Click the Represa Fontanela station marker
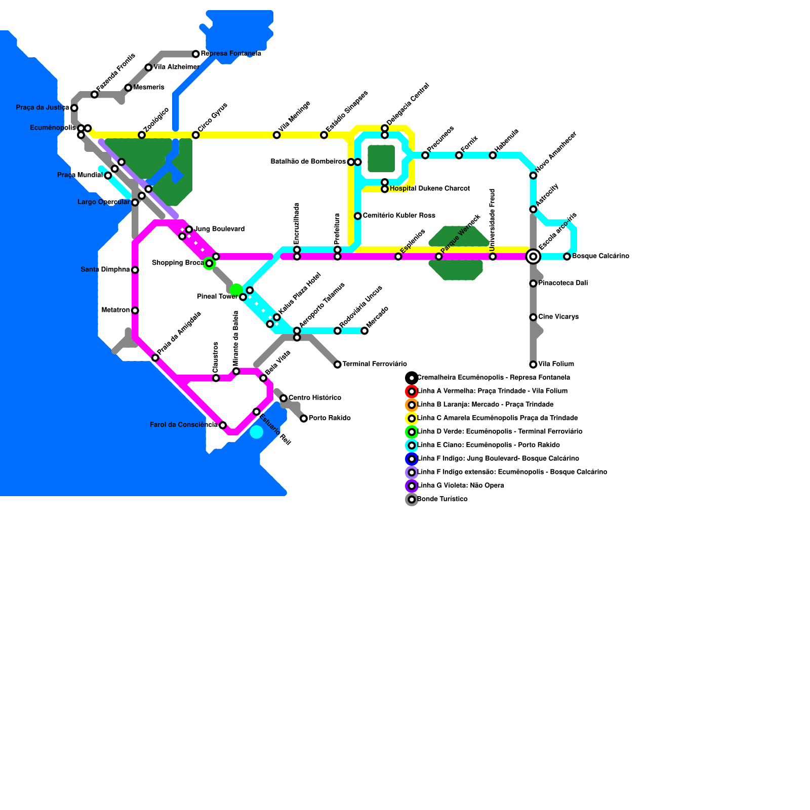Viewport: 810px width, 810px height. [x=195, y=54]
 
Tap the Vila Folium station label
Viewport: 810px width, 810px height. [x=556, y=364]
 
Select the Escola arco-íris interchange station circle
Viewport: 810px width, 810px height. [x=533, y=257]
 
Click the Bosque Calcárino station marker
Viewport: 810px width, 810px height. [x=567, y=257]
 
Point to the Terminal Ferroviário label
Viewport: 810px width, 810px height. [x=375, y=364]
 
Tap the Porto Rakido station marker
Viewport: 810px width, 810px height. [x=304, y=418]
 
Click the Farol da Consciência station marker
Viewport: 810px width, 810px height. [x=223, y=425]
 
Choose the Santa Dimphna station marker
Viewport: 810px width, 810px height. [x=135, y=270]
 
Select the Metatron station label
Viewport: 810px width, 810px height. [x=116, y=310]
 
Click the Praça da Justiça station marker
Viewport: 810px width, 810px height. [x=74, y=108]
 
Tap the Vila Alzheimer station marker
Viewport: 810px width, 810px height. [x=148, y=67]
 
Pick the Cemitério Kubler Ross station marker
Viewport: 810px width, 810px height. [x=358, y=216]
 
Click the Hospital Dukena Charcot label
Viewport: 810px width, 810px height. [x=430, y=189]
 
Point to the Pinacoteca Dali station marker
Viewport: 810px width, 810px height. [x=533, y=283]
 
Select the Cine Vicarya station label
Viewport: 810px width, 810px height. [x=558, y=317]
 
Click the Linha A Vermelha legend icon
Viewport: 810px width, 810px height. [x=412, y=391]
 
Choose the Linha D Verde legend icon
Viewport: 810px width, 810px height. [x=412, y=432]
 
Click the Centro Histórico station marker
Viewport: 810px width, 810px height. [x=283, y=398]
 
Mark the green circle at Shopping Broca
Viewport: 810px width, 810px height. [x=209, y=263]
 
